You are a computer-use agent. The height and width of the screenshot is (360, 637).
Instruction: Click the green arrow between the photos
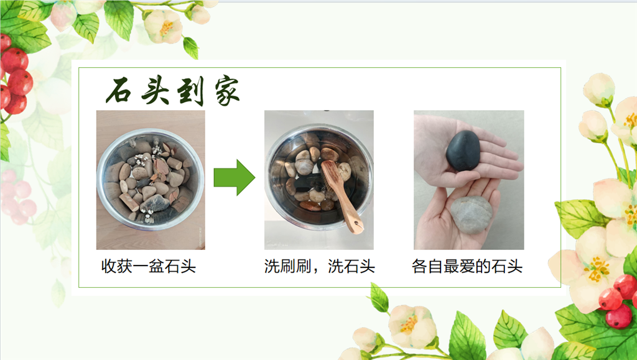[x=235, y=177]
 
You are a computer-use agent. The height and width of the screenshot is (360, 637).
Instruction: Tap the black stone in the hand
[x=463, y=150]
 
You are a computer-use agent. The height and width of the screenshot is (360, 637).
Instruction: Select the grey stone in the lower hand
[x=471, y=215]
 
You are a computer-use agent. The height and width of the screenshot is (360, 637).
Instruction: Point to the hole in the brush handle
[x=357, y=224]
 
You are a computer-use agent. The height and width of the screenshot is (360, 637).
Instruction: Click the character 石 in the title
[x=118, y=91]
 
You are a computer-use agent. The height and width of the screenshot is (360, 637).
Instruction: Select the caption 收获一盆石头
[x=149, y=267]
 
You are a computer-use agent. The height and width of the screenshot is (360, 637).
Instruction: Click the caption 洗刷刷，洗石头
[x=319, y=267]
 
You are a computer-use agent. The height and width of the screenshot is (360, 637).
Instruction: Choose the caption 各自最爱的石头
[x=467, y=267]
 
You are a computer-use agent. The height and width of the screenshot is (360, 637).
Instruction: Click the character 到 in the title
[x=190, y=91]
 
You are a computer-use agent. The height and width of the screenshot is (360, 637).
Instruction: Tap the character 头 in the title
[x=155, y=90]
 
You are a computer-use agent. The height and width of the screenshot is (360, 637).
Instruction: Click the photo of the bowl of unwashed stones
[x=151, y=180]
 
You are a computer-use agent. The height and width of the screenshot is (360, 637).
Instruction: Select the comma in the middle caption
[x=316, y=271]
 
